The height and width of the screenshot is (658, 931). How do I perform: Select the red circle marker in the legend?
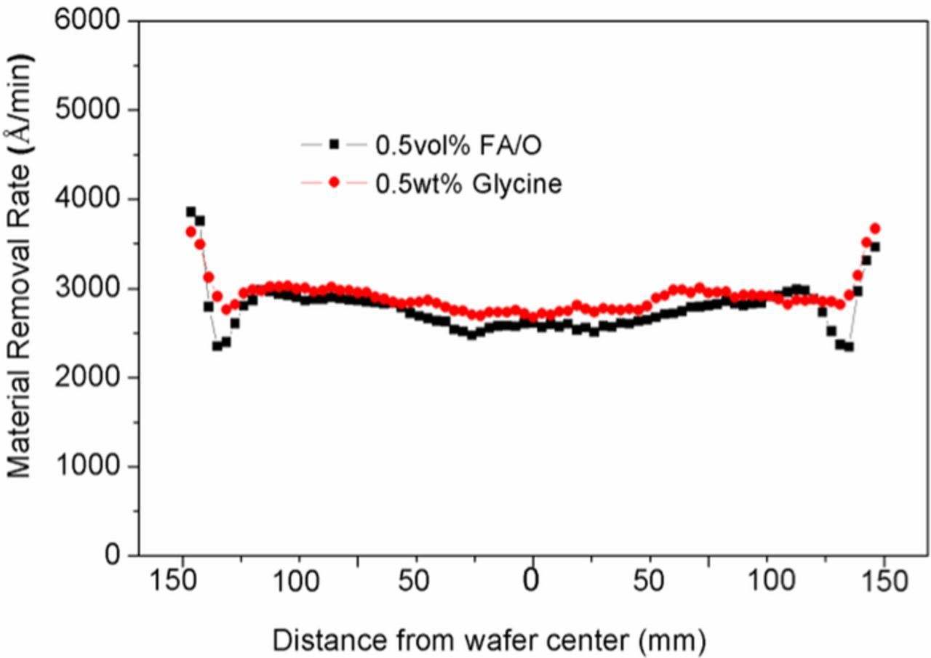(334, 183)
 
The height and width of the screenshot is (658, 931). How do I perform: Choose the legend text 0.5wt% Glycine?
(468, 184)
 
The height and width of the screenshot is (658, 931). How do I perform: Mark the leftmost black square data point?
(191, 212)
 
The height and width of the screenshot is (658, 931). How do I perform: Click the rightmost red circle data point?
(875, 228)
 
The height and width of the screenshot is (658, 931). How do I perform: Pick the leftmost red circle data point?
(191, 231)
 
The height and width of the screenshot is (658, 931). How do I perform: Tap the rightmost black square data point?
(875, 247)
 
